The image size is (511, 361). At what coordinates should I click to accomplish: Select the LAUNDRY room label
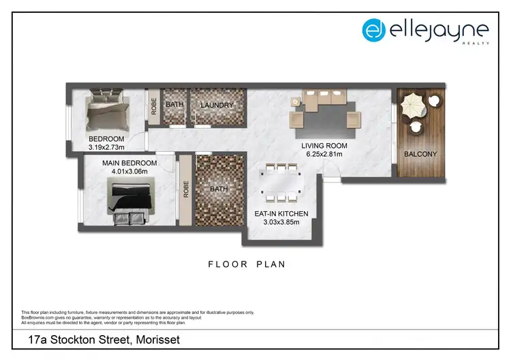coord(217,105)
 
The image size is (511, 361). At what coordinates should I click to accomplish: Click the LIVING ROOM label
coord(324,146)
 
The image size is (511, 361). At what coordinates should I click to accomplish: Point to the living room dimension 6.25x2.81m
coord(324,155)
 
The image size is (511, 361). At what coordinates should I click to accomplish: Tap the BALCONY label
coord(420,154)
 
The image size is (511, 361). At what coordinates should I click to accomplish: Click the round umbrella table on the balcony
coord(414,106)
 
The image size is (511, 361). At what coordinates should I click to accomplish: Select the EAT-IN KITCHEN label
coord(281,214)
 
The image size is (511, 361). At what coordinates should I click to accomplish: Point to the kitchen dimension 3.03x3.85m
coord(281,223)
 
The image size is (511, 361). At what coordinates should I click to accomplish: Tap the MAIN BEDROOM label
coord(129,163)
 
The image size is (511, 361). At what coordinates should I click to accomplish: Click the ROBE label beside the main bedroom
coord(185,189)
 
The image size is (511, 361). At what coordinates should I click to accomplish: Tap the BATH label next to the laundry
coord(174,105)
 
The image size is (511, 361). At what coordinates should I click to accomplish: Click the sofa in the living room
coord(326,99)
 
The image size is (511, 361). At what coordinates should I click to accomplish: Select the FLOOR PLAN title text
coord(247,264)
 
